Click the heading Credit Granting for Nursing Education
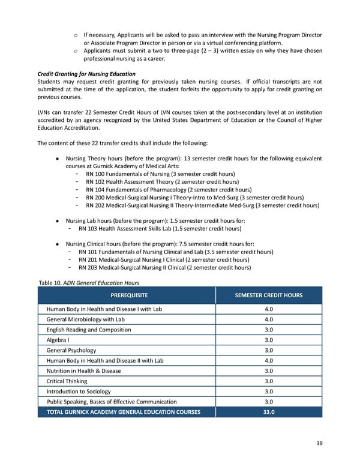coord(86,74)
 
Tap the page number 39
coord(319,443)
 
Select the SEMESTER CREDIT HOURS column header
coord(268,295)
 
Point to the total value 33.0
coord(268,411)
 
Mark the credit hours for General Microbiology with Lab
coord(268,319)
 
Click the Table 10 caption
coord(88,282)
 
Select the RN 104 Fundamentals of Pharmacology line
coord(168,189)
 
